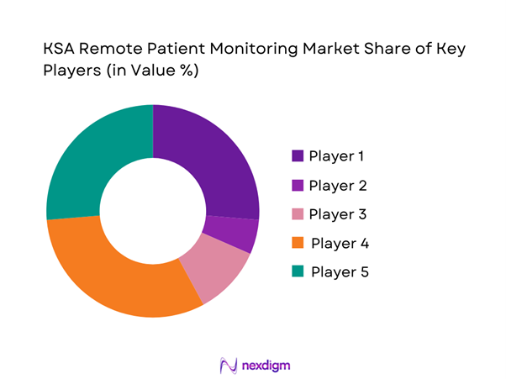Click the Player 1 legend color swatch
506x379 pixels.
click(x=298, y=156)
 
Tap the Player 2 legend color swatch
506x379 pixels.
click(x=298, y=185)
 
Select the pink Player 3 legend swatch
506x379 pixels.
click(x=298, y=214)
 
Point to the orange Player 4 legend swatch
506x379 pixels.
click(x=298, y=244)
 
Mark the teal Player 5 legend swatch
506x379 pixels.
click(x=298, y=272)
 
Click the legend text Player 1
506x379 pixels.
click(x=337, y=156)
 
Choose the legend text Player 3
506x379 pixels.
click(x=338, y=214)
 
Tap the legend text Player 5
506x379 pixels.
click(x=340, y=272)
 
